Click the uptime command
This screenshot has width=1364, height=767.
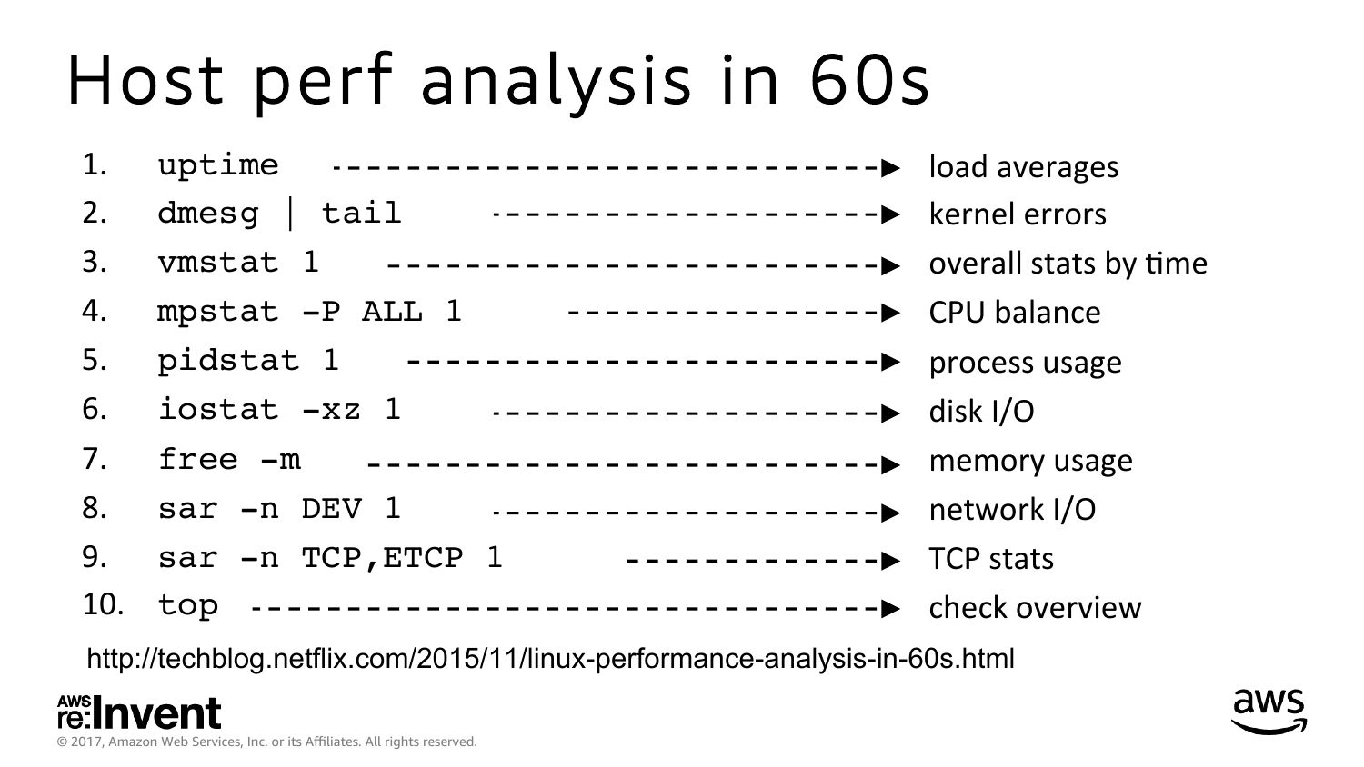click(x=218, y=165)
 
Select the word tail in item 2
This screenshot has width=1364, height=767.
click(x=361, y=213)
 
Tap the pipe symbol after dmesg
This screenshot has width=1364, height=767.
click(x=290, y=214)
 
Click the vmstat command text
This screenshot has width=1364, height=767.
click(x=238, y=263)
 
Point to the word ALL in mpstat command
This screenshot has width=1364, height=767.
click(x=392, y=312)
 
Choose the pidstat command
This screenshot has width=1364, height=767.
click(x=248, y=361)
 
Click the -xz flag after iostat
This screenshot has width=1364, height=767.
click(x=331, y=410)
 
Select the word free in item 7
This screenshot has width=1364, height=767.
click(x=198, y=459)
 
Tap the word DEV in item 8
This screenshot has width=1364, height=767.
click(x=331, y=509)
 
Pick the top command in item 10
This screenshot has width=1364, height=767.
click(x=187, y=605)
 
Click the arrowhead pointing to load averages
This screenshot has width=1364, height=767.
click(x=890, y=168)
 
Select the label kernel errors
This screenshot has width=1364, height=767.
click(x=1017, y=214)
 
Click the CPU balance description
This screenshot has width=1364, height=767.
click(x=1015, y=313)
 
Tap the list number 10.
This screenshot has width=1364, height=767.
click(x=103, y=604)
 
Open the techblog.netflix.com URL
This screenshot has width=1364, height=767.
click(x=550, y=659)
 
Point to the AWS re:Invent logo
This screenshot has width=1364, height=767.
click(x=139, y=712)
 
